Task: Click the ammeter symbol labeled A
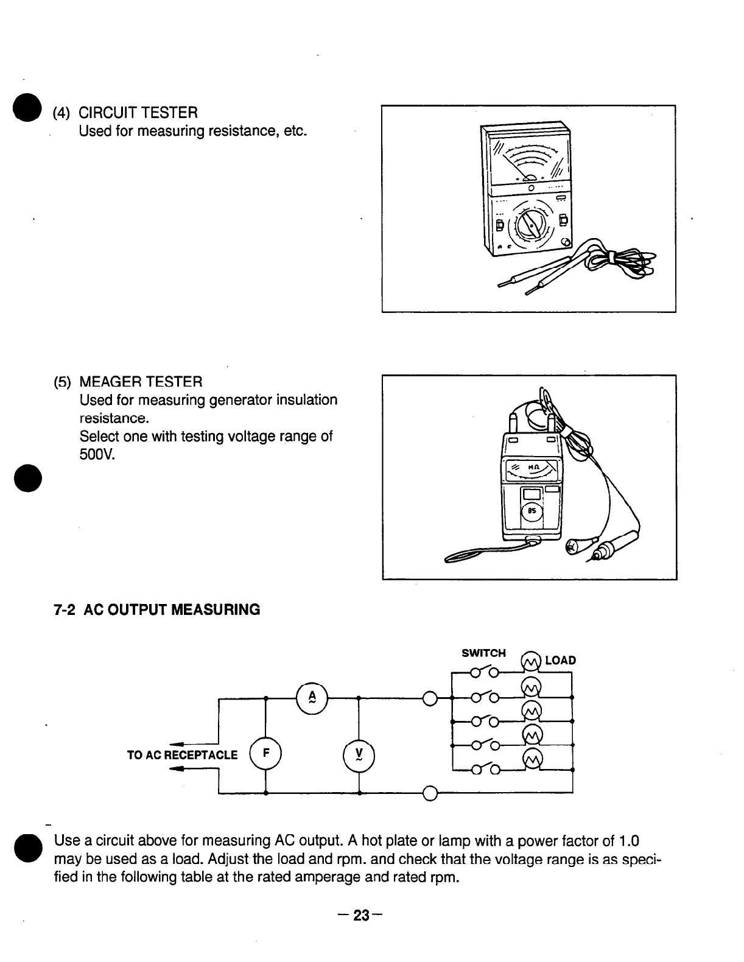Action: click(312, 698)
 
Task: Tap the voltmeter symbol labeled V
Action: click(359, 756)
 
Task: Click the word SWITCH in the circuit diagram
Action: click(483, 653)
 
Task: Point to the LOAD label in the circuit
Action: click(560, 661)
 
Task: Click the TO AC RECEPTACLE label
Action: click(182, 755)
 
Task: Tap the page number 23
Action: click(362, 915)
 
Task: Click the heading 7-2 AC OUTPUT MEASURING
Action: click(156, 609)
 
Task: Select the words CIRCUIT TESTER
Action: click(138, 113)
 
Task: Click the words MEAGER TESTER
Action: click(141, 382)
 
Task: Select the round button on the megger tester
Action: click(532, 511)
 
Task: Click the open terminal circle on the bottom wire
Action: click(430, 794)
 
